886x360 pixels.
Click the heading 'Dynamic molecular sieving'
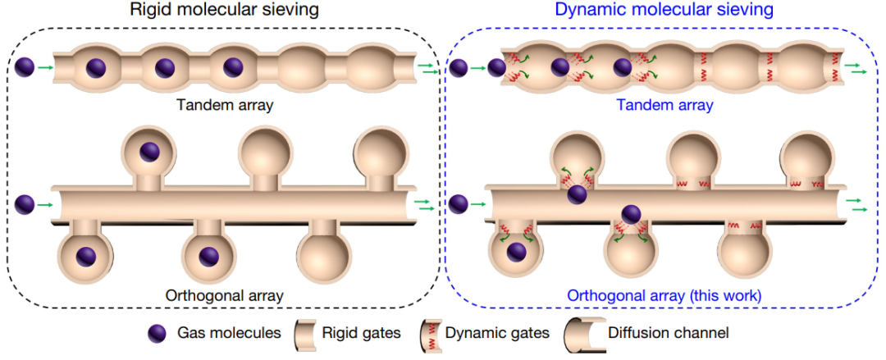[x=664, y=11]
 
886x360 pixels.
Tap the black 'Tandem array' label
[x=223, y=106]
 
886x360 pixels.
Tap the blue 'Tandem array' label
[x=665, y=106]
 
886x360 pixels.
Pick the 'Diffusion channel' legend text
[x=669, y=333]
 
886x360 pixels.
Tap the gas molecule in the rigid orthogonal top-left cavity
[x=149, y=151]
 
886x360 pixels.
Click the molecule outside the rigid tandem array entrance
[x=25, y=67]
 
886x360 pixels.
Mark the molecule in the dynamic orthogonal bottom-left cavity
[x=517, y=253]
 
